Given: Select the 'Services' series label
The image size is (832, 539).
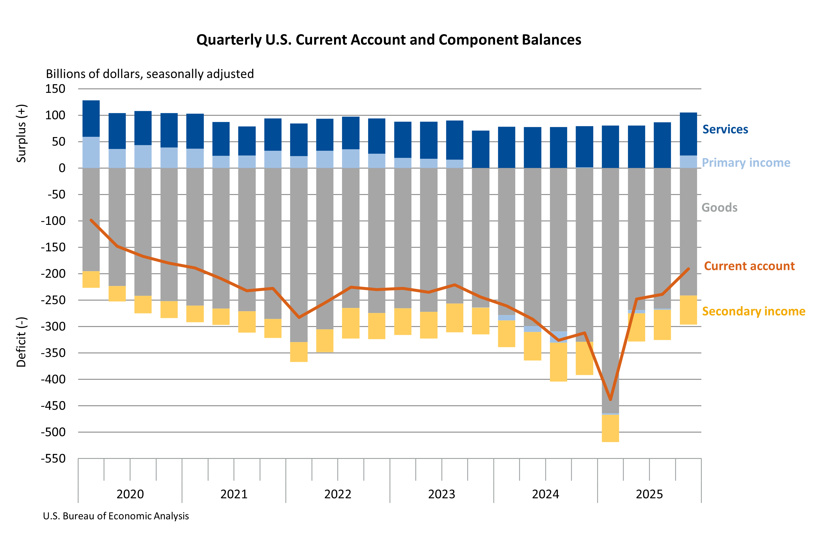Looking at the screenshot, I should pyautogui.click(x=725, y=129).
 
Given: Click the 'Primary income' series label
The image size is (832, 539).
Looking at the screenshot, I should pyautogui.click(x=746, y=163).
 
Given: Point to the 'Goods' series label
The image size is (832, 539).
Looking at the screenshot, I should pyautogui.click(x=719, y=208).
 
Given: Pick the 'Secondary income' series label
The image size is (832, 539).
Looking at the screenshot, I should pyautogui.click(x=753, y=311).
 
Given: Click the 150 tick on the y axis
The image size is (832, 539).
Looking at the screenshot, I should pyautogui.click(x=55, y=89).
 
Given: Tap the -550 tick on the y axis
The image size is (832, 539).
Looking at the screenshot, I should pyautogui.click(x=53, y=458).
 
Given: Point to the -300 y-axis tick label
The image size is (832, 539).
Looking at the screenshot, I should pyautogui.click(x=53, y=327).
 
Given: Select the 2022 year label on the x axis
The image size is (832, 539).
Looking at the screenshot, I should pyautogui.click(x=337, y=494).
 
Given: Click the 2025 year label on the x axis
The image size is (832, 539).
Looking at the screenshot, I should pyautogui.click(x=649, y=494).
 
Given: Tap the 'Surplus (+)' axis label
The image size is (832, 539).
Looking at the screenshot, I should pyautogui.click(x=21, y=133).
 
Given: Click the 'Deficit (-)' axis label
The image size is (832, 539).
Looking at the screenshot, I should pyautogui.click(x=21, y=342).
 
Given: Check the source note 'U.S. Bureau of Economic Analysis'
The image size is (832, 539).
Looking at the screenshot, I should pyautogui.click(x=116, y=516).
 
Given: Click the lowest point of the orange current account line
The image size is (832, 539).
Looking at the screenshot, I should pyautogui.click(x=610, y=400).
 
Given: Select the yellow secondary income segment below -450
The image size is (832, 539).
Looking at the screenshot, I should pyautogui.click(x=610, y=428).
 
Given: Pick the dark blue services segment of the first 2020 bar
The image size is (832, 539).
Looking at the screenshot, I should pyautogui.click(x=91, y=118).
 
